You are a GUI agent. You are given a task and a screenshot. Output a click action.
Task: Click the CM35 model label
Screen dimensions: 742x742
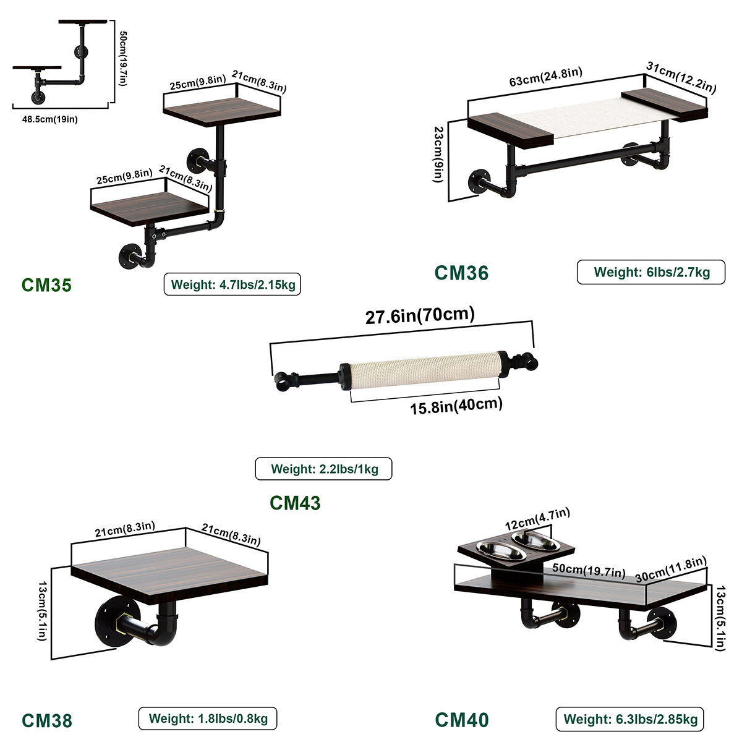(x=46, y=284)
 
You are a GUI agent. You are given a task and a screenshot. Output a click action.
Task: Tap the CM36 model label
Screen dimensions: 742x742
(x=461, y=273)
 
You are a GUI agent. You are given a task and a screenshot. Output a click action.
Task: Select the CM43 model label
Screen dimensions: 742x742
(x=295, y=503)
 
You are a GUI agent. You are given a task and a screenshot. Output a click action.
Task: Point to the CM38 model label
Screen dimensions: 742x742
(x=47, y=720)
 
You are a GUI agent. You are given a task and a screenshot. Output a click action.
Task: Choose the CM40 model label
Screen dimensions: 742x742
(x=461, y=720)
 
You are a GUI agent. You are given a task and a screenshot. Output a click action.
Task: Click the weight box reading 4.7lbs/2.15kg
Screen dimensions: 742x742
(x=232, y=285)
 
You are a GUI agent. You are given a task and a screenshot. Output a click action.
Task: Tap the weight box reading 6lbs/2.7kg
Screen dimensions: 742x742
(x=650, y=272)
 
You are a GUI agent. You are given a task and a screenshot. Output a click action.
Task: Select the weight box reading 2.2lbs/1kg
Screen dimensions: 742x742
(x=323, y=469)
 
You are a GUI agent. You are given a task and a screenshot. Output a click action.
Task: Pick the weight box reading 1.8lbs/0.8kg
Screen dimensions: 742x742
(x=207, y=719)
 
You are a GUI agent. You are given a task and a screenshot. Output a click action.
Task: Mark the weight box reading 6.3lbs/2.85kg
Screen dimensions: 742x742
(x=629, y=719)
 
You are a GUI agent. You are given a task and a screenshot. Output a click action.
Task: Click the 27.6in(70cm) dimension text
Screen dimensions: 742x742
(x=420, y=316)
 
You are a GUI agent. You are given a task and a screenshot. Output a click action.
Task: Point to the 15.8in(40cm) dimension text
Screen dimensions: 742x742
(x=456, y=406)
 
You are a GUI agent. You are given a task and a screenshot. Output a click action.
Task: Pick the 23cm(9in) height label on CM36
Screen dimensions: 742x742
(x=438, y=155)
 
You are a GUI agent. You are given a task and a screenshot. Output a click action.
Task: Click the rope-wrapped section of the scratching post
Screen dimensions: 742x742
(x=425, y=370)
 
